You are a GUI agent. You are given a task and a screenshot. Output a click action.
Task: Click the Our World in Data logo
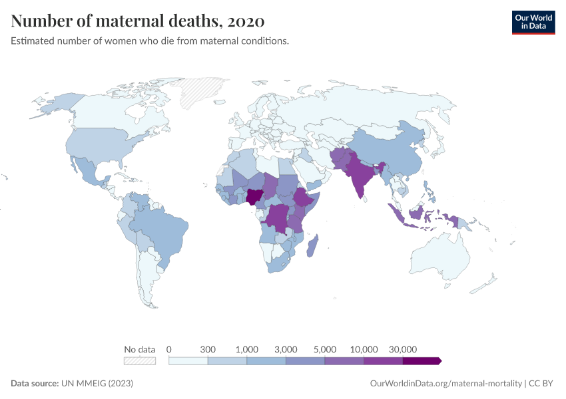click(533, 21)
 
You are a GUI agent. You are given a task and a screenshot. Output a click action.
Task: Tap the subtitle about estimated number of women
click(150, 41)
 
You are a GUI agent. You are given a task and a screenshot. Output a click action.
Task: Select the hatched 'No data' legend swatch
click(140, 360)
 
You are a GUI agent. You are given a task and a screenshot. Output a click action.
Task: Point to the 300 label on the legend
click(208, 349)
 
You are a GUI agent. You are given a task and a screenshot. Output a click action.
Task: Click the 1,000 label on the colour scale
click(246, 349)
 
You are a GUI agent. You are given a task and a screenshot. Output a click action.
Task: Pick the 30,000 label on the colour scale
click(403, 349)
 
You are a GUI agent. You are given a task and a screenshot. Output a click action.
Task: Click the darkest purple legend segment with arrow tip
click(422, 360)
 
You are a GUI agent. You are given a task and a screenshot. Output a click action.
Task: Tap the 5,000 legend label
click(325, 349)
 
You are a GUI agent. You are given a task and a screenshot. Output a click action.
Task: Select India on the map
click(360, 174)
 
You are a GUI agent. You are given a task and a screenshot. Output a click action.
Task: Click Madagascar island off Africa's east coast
click(313, 246)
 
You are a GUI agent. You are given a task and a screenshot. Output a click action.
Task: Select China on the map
click(390, 150)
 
